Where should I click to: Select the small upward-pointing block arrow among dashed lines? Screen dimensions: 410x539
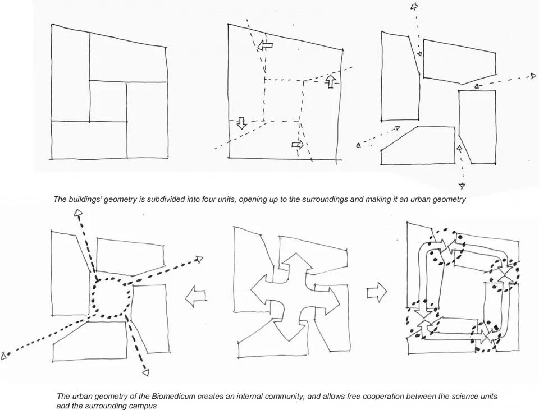[x=331, y=81]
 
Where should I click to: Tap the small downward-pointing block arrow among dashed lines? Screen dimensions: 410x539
[x=241, y=123]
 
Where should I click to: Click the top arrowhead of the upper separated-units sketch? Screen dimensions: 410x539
[x=415, y=7]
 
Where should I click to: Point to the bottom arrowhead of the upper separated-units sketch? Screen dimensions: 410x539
[x=462, y=186]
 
